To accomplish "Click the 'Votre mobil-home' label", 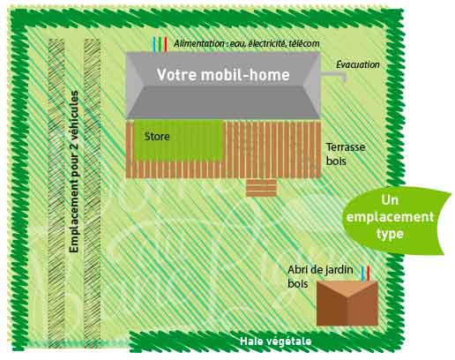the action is pyautogui.click(x=223, y=74).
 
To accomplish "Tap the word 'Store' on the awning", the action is pyautogui.click(x=157, y=137).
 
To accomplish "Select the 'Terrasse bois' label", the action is pyautogui.click(x=346, y=154).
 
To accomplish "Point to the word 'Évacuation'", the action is pyautogui.click(x=358, y=64).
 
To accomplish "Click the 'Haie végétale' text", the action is pyautogui.click(x=275, y=341).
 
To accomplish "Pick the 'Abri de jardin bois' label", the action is pyautogui.click(x=320, y=276).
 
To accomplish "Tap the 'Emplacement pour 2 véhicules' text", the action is pyautogui.click(x=74, y=172).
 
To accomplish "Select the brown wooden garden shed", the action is pyautogui.click(x=347, y=303).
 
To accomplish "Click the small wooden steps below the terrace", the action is pyautogui.click(x=261, y=187).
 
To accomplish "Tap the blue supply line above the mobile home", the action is pyautogui.click(x=154, y=45).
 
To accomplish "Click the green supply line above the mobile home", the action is pyautogui.click(x=160, y=45).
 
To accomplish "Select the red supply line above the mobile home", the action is pyautogui.click(x=166, y=45).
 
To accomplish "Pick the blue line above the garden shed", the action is pyautogui.click(x=363, y=274).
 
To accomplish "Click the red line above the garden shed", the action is pyautogui.click(x=368, y=274).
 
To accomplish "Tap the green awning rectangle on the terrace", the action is pyautogui.click(x=178, y=140).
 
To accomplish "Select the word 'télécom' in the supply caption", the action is pyautogui.click(x=303, y=43).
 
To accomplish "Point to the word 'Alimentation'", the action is pyautogui.click(x=198, y=43).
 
